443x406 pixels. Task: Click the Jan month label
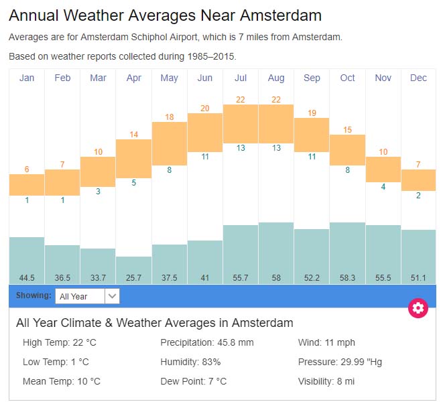coord(27,78)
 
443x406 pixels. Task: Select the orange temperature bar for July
coord(241,123)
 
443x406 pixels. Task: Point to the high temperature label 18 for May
coord(170,117)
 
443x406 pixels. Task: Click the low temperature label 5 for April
coord(133,183)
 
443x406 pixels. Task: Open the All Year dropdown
coord(88,295)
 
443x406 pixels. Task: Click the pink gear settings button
coord(418,308)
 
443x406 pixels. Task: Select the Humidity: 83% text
coord(190,362)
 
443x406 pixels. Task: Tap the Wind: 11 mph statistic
coord(326,343)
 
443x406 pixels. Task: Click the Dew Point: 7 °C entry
coord(193,381)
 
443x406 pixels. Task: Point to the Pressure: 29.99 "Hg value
coord(340,362)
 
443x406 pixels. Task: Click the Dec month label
coord(418,78)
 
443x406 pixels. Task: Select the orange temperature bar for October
coord(347,150)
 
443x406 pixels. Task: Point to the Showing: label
coord(34,295)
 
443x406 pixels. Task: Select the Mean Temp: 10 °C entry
coord(61,381)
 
